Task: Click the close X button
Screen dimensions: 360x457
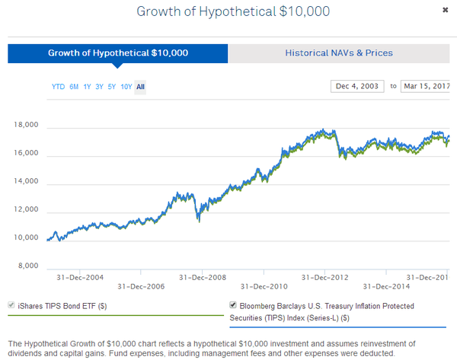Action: (x=445, y=11)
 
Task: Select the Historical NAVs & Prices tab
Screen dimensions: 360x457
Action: (x=339, y=53)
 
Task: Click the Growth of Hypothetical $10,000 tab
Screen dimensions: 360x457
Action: (x=118, y=53)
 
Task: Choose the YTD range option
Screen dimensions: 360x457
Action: (x=58, y=87)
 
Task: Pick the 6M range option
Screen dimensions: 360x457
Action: (x=74, y=87)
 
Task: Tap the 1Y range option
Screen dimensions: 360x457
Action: (x=87, y=87)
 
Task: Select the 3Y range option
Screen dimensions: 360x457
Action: (x=99, y=87)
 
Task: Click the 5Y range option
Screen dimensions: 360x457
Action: (x=112, y=87)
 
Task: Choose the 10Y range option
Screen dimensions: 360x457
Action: (x=126, y=87)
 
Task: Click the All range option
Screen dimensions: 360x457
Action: (x=140, y=87)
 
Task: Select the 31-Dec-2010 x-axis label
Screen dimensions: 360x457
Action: (x=264, y=287)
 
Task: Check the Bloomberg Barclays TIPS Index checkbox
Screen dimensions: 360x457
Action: (x=233, y=305)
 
